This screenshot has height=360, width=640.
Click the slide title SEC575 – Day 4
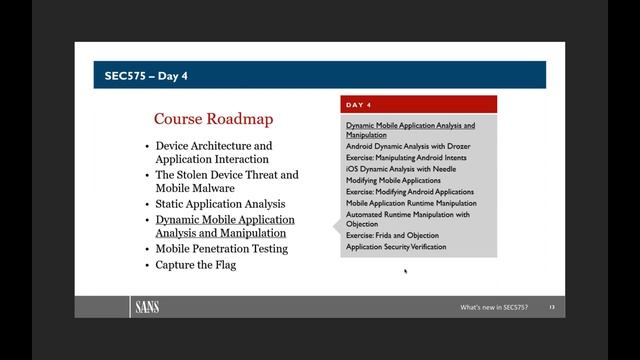146,75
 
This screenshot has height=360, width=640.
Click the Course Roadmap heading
213,119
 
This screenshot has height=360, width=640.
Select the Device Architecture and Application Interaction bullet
213,152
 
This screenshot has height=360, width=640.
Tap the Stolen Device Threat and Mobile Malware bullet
226,181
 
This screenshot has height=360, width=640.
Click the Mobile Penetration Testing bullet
221,248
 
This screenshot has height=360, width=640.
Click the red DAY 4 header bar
418,104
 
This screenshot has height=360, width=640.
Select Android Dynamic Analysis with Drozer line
408,146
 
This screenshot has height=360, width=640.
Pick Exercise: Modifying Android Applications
410,191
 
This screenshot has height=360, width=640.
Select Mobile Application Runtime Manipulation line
411,203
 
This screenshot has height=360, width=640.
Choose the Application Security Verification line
396,246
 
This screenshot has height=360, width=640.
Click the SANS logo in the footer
146,307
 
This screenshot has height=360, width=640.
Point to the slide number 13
551,306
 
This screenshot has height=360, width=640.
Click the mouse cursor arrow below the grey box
405,269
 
